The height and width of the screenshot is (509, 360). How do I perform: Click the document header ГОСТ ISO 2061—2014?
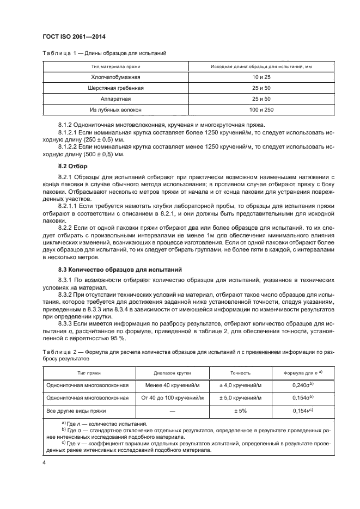74,37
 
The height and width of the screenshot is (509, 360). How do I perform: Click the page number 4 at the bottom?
44,463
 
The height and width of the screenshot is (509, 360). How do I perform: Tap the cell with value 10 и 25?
249,77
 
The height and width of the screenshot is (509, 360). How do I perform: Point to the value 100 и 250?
249,110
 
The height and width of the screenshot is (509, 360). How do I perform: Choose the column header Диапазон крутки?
172,373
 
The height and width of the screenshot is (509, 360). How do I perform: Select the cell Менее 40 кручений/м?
172,385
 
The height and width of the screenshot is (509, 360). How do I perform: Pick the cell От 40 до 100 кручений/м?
172,398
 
